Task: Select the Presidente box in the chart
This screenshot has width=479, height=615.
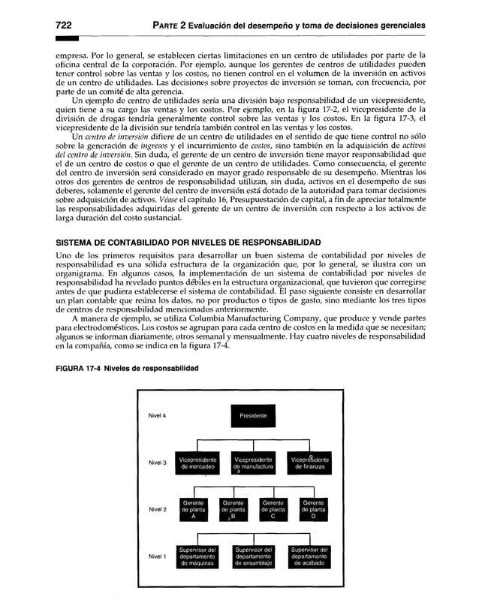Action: [252, 415]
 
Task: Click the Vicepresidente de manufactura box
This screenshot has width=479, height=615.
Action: [253, 464]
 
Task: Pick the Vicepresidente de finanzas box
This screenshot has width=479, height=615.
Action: [309, 464]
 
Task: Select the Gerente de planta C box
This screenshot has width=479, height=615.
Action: [272, 510]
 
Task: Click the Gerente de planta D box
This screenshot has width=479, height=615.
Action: [310, 510]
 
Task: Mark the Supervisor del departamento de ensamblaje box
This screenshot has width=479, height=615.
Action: [253, 557]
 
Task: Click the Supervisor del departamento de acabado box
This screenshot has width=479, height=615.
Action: [309, 557]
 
